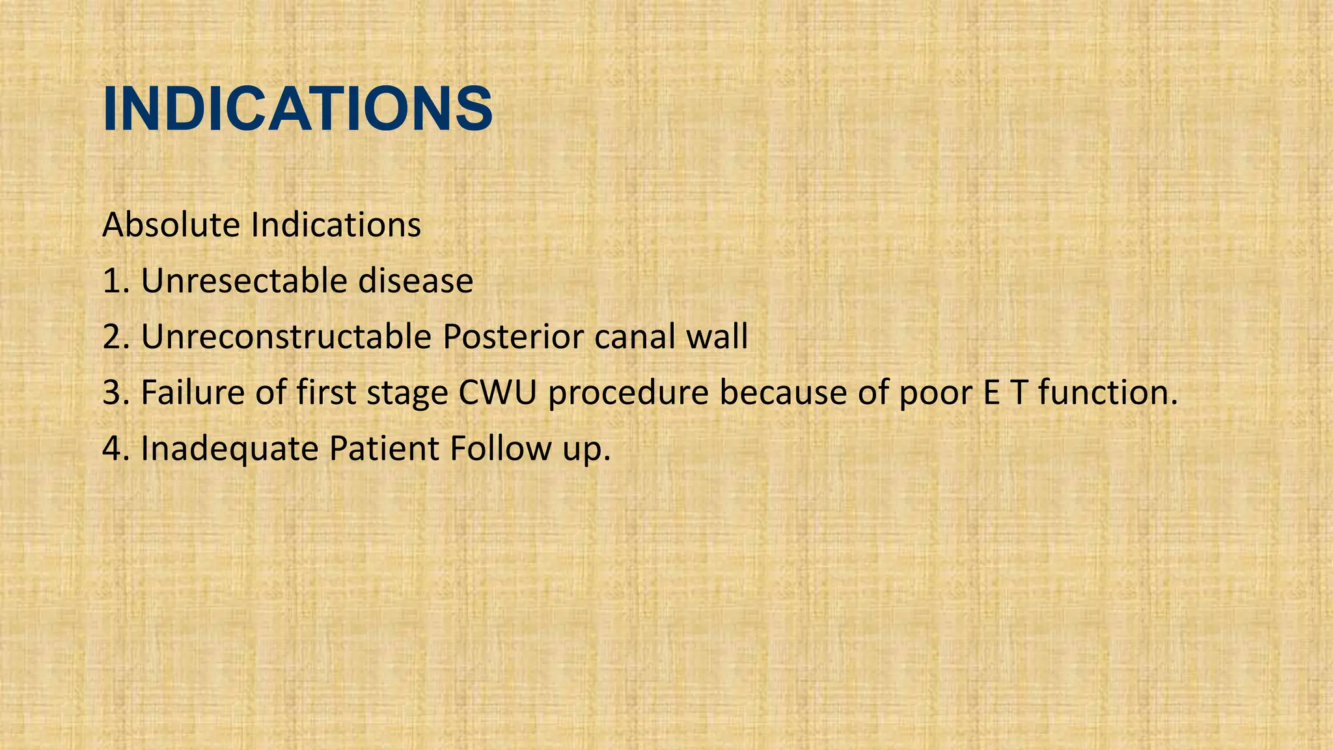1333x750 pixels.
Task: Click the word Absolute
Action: click(x=171, y=225)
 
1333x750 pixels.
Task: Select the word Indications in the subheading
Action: click(x=336, y=225)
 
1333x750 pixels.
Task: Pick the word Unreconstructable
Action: click(x=286, y=337)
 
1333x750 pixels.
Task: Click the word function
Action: click(x=1106, y=393)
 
